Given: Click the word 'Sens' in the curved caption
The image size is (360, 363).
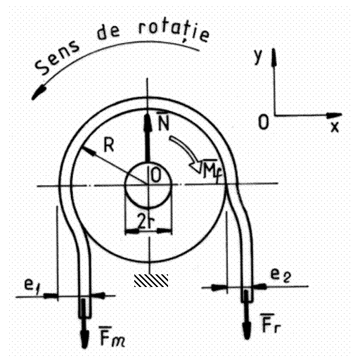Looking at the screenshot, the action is [57, 58].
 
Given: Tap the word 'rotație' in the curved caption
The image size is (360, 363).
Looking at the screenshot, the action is [174, 31].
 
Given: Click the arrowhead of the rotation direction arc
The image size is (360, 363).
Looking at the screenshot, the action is [39, 92].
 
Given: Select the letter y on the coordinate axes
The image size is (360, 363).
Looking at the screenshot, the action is [258, 56].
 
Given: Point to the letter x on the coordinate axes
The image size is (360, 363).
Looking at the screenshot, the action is [335, 127].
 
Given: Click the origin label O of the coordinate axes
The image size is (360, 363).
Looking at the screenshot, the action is [263, 122].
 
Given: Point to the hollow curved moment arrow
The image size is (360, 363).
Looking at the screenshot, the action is [185, 150].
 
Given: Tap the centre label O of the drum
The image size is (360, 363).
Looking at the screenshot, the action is [156, 175].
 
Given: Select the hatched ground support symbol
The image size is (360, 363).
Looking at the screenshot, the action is [151, 281].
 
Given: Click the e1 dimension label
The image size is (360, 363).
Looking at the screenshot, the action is [31, 285].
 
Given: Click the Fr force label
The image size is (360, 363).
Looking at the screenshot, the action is [271, 323].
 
